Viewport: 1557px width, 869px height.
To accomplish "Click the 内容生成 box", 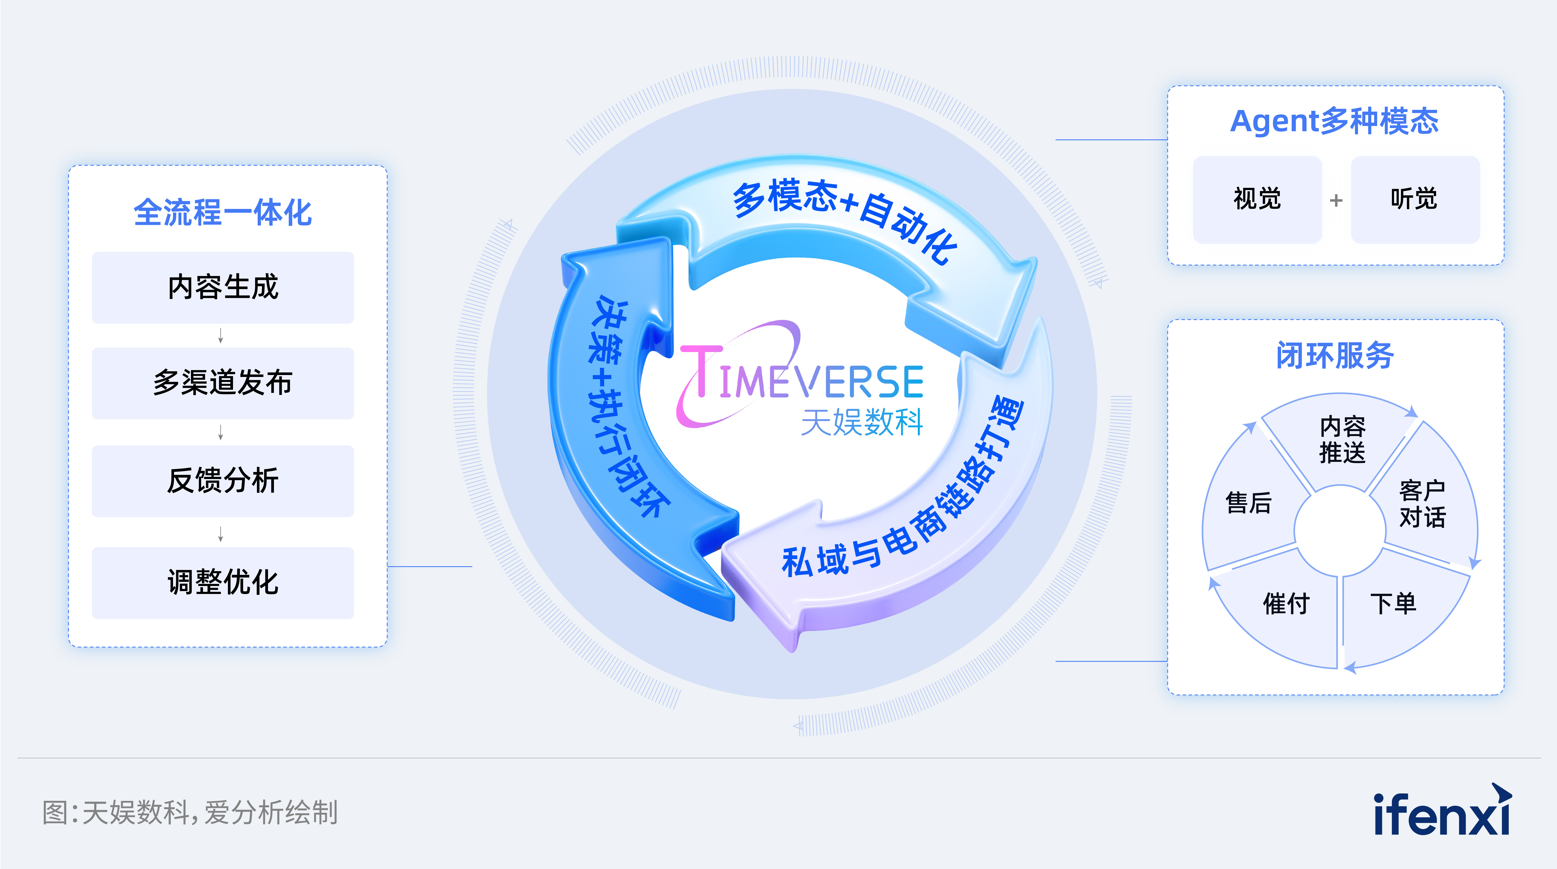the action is [222, 287].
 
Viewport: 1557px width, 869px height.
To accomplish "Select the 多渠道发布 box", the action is [222, 383].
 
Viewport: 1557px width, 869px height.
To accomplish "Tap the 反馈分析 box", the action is [222, 481].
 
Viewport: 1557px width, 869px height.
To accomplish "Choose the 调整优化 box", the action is [222, 582].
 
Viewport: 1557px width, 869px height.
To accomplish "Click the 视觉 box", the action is [1257, 200].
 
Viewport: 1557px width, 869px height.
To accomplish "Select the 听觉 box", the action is [1414, 200].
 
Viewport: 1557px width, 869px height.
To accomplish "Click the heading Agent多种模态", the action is [1335, 121].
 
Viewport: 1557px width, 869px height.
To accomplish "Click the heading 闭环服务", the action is [1335, 355].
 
